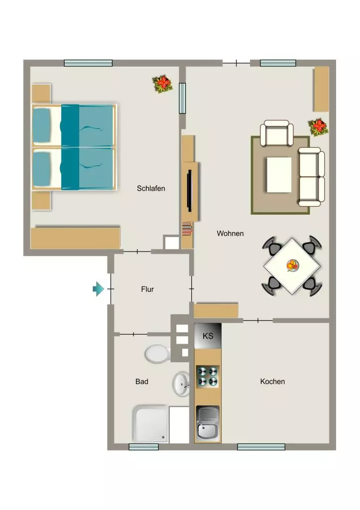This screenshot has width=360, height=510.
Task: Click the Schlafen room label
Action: (151, 188)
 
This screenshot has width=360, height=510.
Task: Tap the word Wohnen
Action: (230, 233)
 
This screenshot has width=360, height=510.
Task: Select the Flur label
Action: (147, 289)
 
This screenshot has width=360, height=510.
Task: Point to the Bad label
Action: (142, 382)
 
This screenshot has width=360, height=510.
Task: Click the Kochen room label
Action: (272, 382)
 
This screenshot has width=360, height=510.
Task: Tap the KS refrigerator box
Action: (208, 336)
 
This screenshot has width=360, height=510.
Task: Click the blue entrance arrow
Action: (98, 289)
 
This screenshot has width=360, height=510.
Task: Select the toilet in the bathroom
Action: (158, 354)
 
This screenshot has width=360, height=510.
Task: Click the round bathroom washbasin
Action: (181, 384)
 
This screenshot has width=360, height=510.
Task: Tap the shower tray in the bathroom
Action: (150, 424)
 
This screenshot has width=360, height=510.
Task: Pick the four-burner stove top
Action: (208, 377)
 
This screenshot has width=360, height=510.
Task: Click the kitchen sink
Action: (208, 423)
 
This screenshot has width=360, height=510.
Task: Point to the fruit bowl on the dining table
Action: (292, 265)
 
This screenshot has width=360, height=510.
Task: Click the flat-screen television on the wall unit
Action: (189, 191)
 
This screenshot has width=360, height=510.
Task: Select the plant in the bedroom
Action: (162, 84)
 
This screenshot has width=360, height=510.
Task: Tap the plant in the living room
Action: (318, 127)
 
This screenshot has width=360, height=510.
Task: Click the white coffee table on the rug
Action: (279, 175)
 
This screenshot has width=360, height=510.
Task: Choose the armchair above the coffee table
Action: (277, 133)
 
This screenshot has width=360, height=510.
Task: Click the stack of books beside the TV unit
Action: (187, 228)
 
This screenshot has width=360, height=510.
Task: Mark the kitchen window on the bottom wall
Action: (261, 447)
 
